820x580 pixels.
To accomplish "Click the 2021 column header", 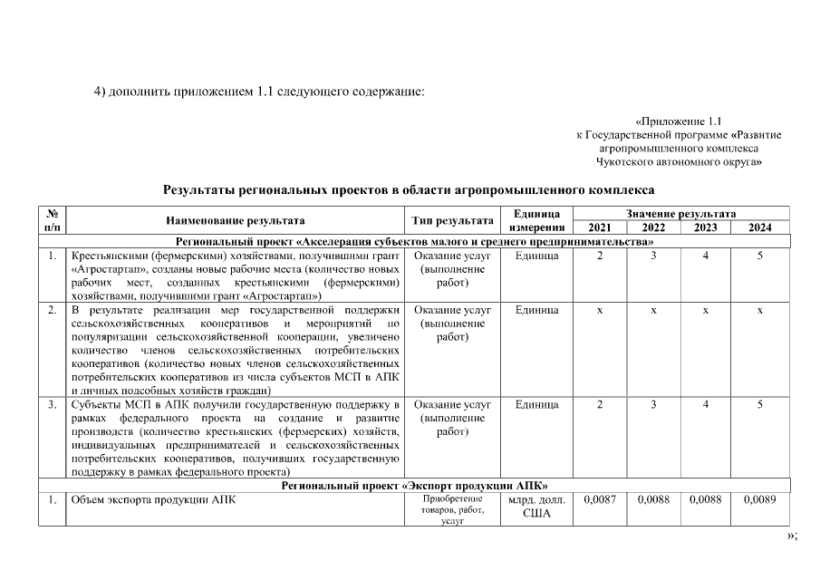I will pyautogui.click(x=599, y=227).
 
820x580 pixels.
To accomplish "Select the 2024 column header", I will pyautogui.click(x=759, y=227).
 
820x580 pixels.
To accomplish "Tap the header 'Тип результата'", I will pyautogui.click(x=452, y=220).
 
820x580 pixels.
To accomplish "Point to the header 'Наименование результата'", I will pyautogui.click(x=235, y=220).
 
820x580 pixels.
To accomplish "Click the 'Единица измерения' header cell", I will pyautogui.click(x=536, y=220).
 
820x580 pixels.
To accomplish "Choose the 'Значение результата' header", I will pyautogui.click(x=680, y=213).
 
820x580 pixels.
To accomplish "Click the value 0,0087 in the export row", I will pyautogui.click(x=599, y=499).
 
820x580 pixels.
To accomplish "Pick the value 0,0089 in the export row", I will pyautogui.click(x=759, y=499).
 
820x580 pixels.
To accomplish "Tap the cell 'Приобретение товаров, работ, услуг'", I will pyautogui.click(x=452, y=510).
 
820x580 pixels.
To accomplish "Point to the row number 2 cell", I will pyautogui.click(x=53, y=310).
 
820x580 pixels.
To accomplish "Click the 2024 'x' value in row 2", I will pyautogui.click(x=759, y=310).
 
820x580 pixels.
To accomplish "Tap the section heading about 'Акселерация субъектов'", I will pyautogui.click(x=414, y=242).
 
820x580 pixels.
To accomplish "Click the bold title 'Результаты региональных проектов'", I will pyautogui.click(x=408, y=190).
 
